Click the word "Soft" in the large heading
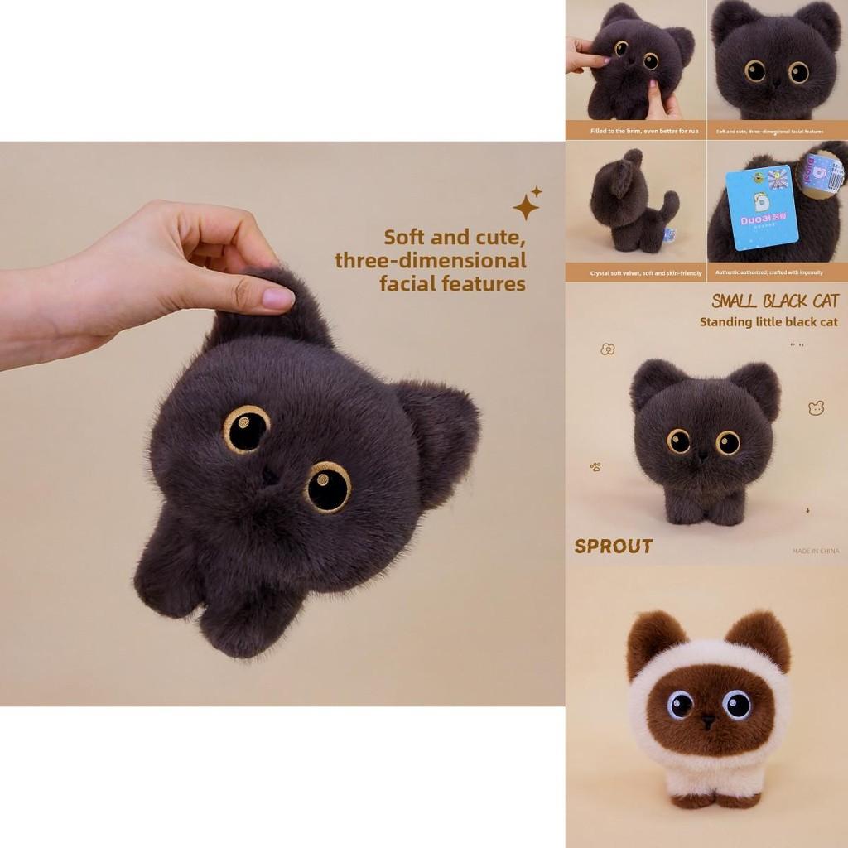tap(404, 238)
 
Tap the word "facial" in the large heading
tap(411, 284)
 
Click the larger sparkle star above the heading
tap(525, 206)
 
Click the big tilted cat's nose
tap(269, 475)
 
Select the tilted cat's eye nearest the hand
tap(246, 428)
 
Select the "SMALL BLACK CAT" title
tap(775, 301)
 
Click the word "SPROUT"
tap(614, 547)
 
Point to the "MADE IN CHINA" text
tap(815, 551)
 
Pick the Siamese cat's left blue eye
tap(681, 705)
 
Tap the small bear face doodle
tap(815, 407)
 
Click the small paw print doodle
tap(595, 467)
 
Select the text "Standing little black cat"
tap(768, 322)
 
